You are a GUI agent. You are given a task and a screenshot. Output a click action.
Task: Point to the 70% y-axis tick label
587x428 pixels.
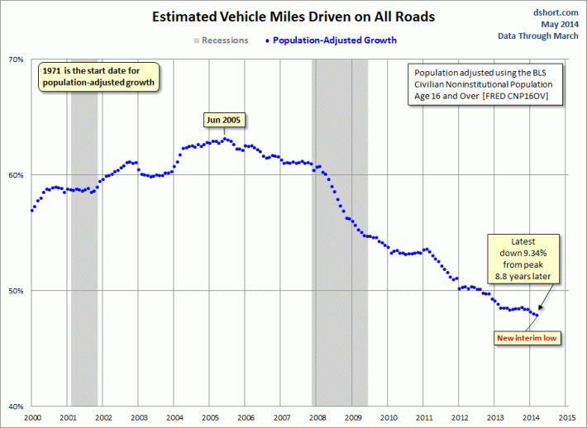click(x=17, y=59)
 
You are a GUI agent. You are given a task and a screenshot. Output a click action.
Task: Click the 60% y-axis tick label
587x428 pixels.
click(x=17, y=175)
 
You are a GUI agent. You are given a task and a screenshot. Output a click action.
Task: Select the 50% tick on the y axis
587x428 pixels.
click(x=17, y=291)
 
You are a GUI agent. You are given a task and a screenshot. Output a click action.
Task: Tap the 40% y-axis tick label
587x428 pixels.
click(x=17, y=407)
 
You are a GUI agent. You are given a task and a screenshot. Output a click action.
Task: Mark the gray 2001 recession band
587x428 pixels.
click(x=84, y=231)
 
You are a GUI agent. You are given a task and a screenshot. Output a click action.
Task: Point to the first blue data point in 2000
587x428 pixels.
click(x=32, y=210)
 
